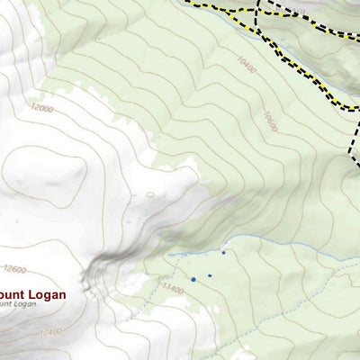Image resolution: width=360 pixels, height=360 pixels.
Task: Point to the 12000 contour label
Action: point(41,109)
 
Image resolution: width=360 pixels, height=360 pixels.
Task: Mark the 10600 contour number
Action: point(269,121)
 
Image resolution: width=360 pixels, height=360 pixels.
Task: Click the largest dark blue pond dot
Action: point(193,280)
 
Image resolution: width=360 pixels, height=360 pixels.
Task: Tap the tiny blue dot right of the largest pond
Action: point(210,275)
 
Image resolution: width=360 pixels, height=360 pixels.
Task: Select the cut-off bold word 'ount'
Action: point(10,292)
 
